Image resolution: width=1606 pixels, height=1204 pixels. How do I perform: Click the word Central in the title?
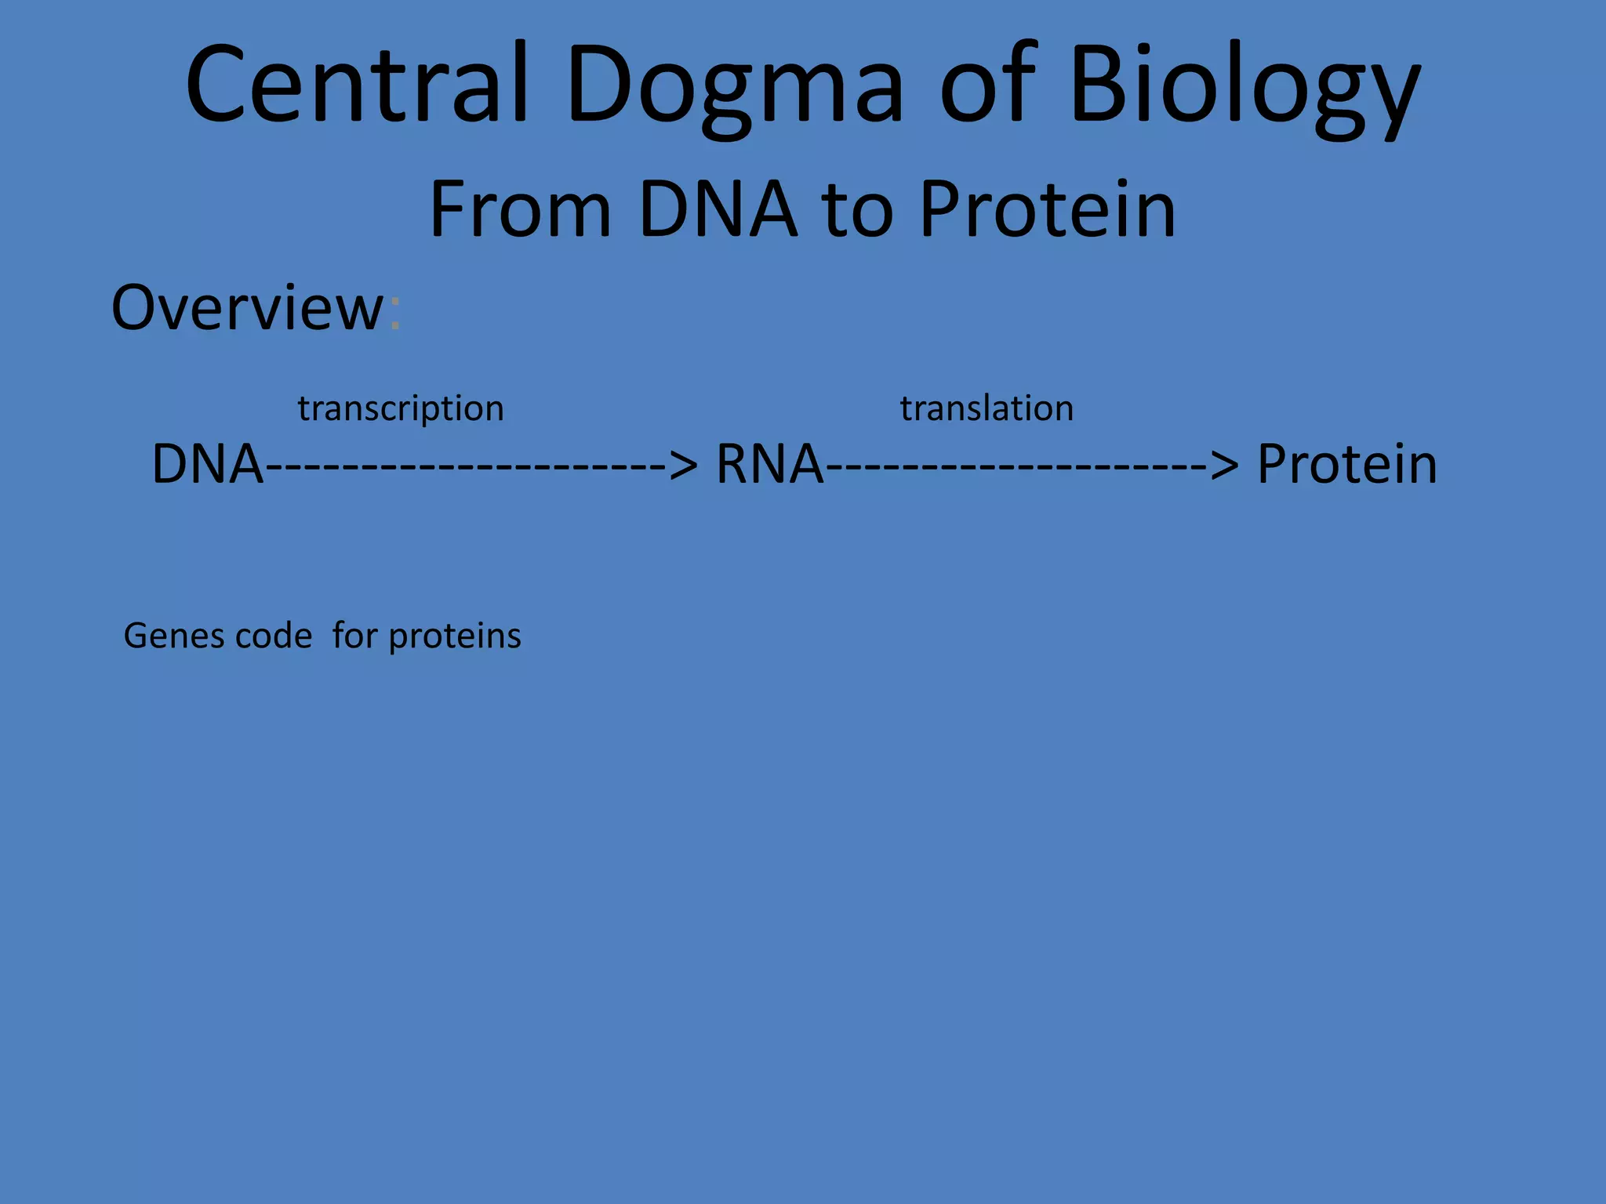357,85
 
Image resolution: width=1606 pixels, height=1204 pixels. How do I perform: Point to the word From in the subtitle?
520,209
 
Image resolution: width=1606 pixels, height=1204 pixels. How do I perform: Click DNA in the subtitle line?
718,209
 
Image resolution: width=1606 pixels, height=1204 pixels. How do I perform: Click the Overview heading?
247,307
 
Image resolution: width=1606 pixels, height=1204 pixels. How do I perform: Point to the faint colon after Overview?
394,314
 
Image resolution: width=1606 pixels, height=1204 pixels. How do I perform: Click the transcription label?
401,409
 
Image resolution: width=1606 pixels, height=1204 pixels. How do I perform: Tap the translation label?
986,408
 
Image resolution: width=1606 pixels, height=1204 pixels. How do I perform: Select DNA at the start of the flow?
207,464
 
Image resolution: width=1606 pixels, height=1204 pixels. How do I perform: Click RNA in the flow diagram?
769,464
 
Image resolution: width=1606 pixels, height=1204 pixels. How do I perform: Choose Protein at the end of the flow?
1346,464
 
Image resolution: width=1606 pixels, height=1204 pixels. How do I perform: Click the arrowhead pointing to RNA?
683,466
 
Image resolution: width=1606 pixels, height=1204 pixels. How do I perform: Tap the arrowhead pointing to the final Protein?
1225,466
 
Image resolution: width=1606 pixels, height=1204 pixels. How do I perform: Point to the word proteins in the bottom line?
455,636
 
